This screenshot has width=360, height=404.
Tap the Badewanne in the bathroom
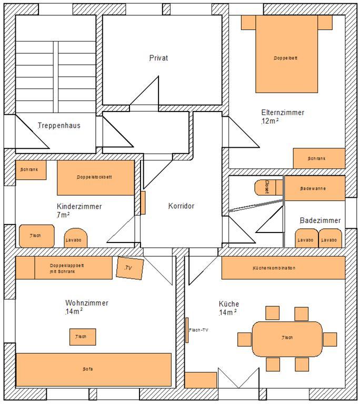pyautogui.click(x=314, y=188)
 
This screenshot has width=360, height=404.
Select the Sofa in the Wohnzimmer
pyautogui.click(x=94, y=369)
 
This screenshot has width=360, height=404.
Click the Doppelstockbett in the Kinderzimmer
pyautogui.click(x=96, y=177)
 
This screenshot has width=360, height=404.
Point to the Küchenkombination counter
pyautogui.click(x=283, y=268)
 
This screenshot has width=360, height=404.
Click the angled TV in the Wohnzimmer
pyautogui.click(x=129, y=268)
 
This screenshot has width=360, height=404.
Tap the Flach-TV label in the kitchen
pyautogui.click(x=198, y=330)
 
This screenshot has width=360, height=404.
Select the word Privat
pyautogui.click(x=158, y=58)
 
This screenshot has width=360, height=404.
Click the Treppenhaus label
pyautogui.click(x=59, y=126)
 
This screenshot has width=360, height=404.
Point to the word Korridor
pyautogui.click(x=181, y=206)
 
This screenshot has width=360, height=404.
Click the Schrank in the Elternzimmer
pyautogui.click(x=319, y=158)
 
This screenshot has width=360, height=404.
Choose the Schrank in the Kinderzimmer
pyautogui.click(x=31, y=170)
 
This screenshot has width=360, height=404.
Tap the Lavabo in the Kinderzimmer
pyautogui.click(x=76, y=238)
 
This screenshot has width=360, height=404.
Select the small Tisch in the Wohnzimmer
pyautogui.click(x=83, y=337)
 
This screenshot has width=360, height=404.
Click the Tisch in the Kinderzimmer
pyautogui.click(x=37, y=236)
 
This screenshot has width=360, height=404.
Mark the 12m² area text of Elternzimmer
pyautogui.click(x=270, y=121)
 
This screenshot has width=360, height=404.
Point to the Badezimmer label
pyautogui.click(x=321, y=220)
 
